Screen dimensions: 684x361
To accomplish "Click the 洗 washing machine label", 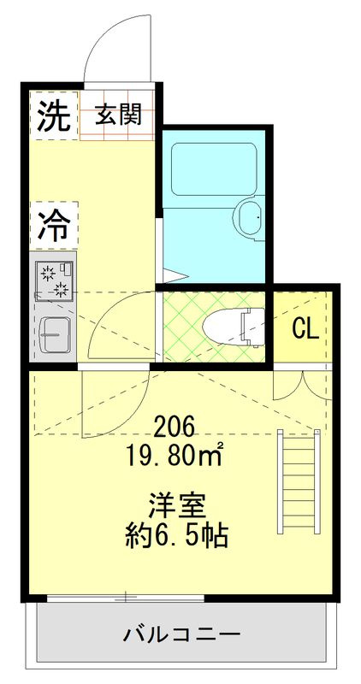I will pos(54,116).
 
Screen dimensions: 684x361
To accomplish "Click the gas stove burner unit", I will pos(55,280).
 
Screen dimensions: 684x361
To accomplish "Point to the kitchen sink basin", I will pos(54,334).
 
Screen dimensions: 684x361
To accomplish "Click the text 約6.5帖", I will pos(176,535).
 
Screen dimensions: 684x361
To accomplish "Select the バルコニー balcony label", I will pos(180,634).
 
